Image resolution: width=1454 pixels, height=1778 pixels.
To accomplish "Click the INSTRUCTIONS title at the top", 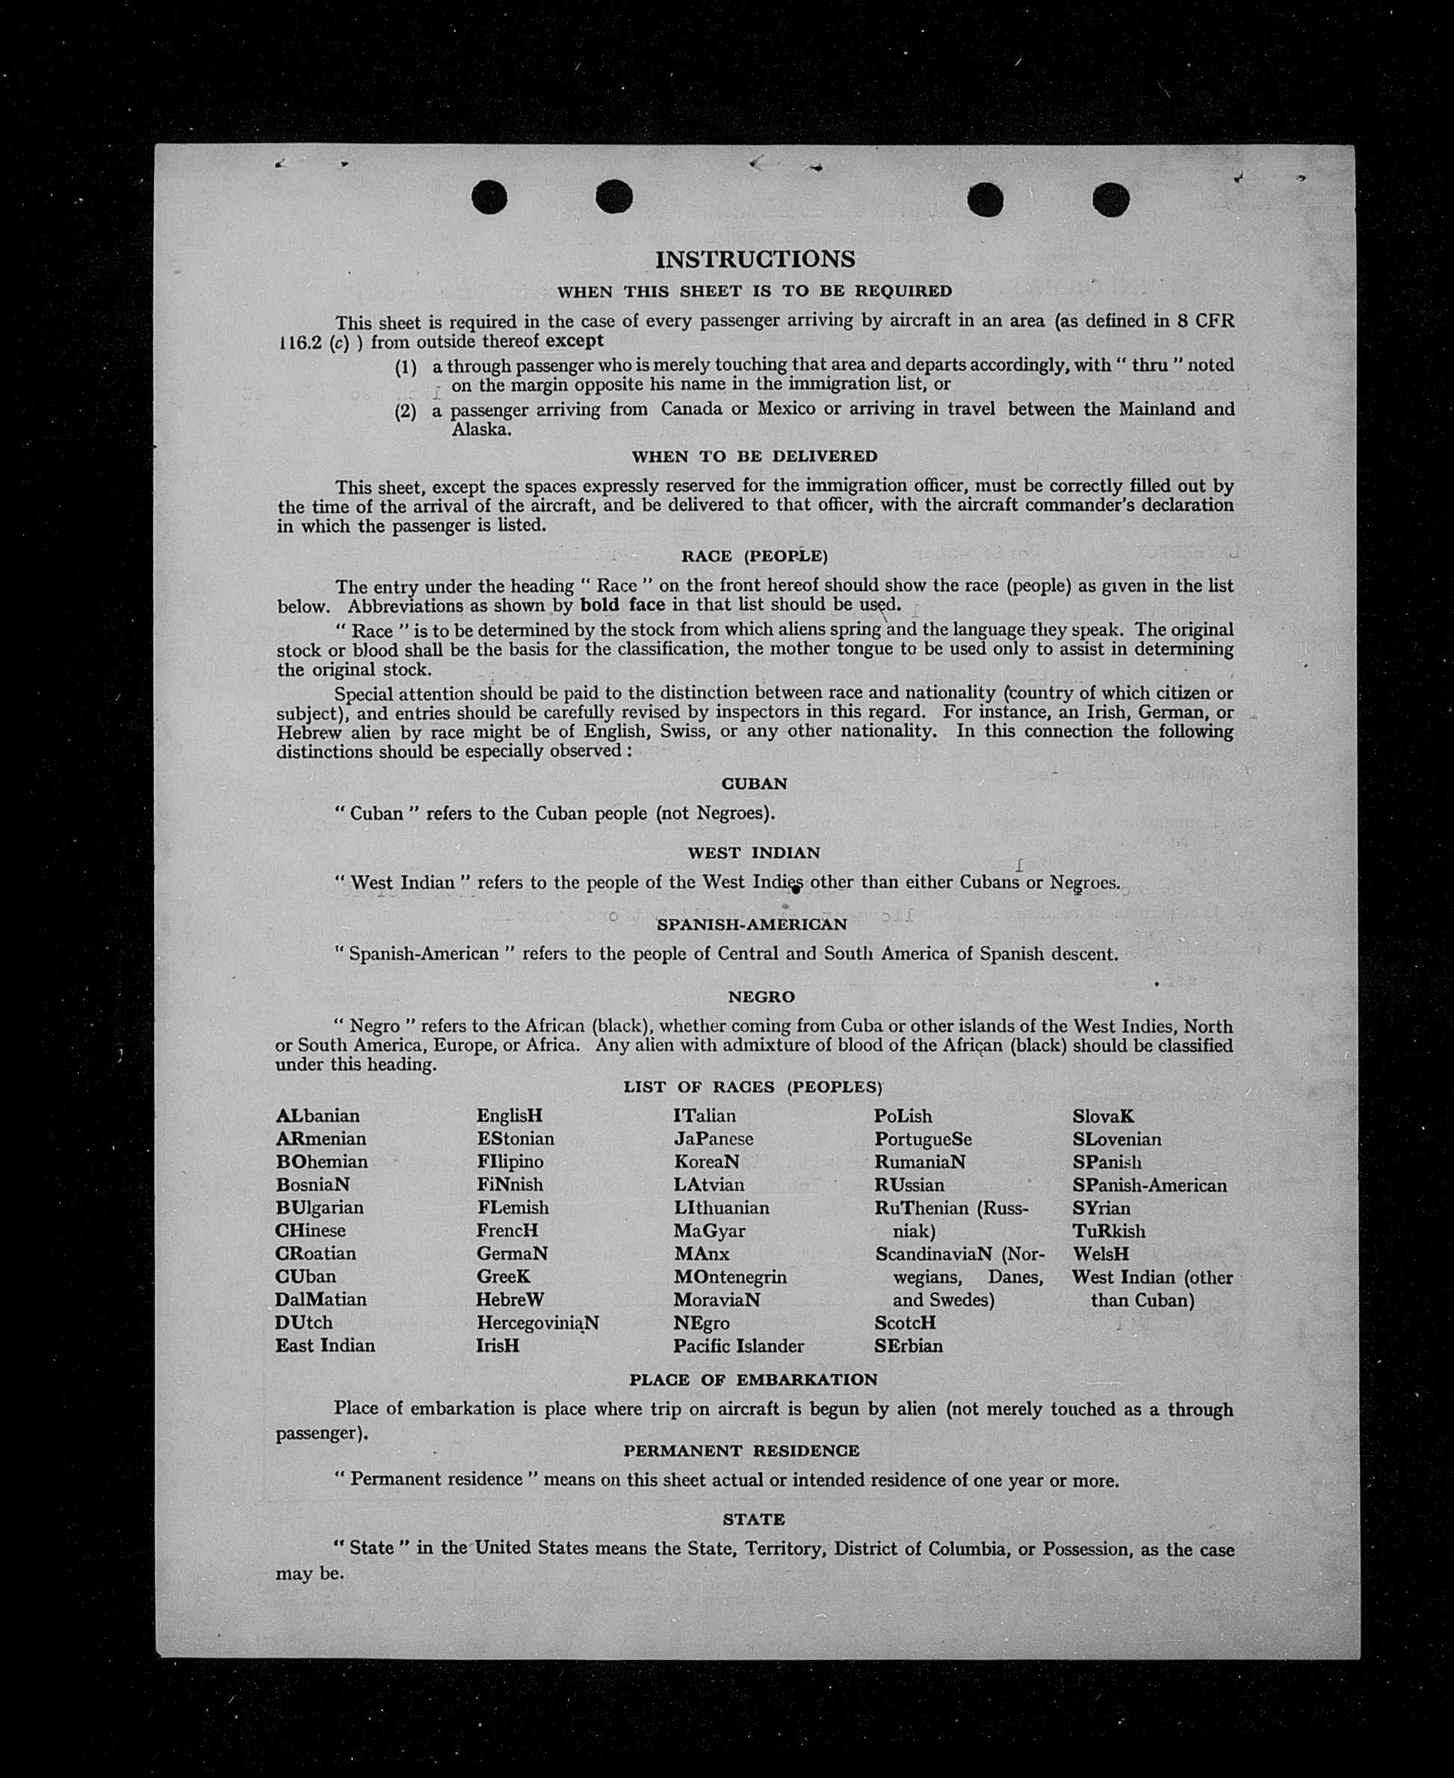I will (755, 260).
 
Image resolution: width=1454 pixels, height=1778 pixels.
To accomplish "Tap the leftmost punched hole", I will (489, 198).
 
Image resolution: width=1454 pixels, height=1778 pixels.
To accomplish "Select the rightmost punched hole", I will (1110, 199).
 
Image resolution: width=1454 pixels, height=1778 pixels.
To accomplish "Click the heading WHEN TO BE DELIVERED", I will (754, 456).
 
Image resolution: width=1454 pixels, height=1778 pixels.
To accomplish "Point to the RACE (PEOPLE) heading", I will (754, 556).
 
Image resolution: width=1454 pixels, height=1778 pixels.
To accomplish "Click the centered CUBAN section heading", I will (754, 784).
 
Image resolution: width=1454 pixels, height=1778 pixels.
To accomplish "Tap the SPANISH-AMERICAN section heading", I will (752, 925).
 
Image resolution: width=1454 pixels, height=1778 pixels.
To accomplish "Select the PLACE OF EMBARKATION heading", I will (753, 1379).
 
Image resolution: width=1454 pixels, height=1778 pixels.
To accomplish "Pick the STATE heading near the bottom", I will (754, 1520).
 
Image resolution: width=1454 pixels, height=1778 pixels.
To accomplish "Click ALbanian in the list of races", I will (318, 1116).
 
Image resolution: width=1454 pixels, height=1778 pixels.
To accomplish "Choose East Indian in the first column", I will (325, 1346).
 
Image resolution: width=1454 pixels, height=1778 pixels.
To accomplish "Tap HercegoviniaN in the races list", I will (538, 1323).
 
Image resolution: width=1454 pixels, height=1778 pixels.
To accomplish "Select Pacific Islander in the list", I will (738, 1346).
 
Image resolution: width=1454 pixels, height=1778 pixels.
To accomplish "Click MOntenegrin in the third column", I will (729, 1277).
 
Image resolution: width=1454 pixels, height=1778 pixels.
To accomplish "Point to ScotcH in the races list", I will (906, 1323).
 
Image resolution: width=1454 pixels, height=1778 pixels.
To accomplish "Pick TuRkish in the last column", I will (1108, 1231).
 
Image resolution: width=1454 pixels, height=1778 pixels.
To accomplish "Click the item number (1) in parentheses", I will (406, 368).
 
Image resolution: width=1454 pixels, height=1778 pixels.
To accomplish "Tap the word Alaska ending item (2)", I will (480, 430).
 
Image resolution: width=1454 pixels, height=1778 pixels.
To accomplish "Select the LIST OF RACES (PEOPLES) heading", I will (753, 1087).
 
